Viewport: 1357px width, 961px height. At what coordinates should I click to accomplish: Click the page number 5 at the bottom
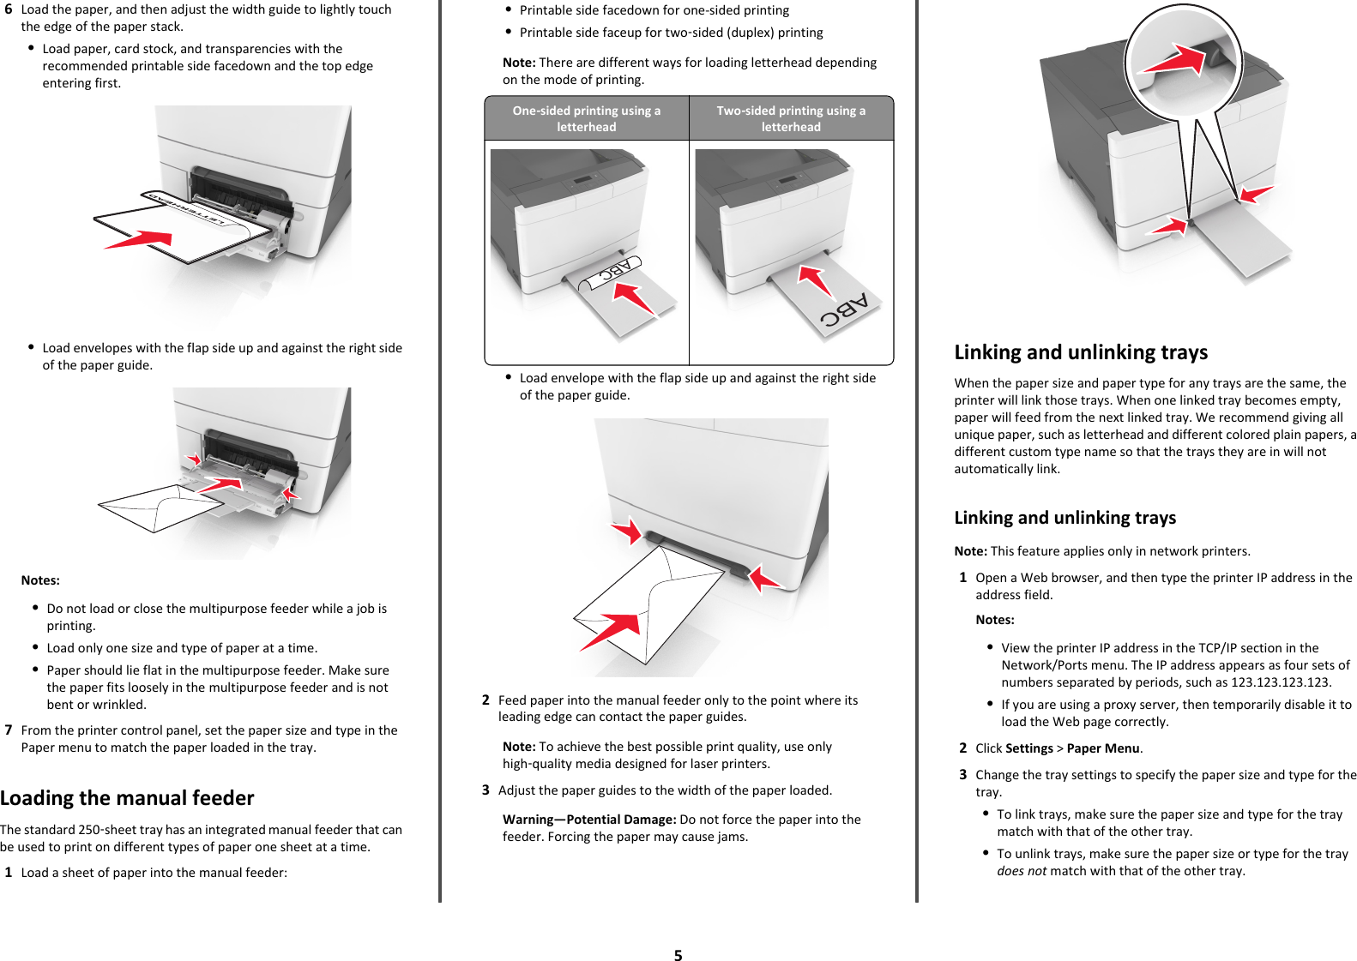[x=678, y=955]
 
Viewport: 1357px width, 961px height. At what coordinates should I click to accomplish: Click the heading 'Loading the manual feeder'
[x=127, y=798]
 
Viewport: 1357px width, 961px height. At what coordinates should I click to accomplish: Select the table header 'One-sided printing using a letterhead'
[x=587, y=118]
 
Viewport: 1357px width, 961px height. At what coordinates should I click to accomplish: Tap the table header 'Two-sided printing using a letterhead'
[x=791, y=118]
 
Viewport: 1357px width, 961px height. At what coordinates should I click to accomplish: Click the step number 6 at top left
[x=9, y=9]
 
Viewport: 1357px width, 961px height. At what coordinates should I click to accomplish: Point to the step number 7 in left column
[x=9, y=730]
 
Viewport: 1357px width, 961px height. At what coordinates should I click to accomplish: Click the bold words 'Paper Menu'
[x=1103, y=748]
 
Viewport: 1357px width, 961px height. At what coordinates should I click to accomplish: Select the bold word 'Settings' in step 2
[x=1029, y=748]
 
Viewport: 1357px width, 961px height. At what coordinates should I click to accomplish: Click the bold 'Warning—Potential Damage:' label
[x=589, y=820]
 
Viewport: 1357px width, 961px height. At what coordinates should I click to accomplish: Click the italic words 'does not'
[x=1022, y=871]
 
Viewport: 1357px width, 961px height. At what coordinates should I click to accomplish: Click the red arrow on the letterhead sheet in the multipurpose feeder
[x=139, y=239]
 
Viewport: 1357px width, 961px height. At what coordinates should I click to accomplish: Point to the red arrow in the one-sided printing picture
[x=634, y=297]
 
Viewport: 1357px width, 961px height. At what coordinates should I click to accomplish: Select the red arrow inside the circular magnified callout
[x=1175, y=60]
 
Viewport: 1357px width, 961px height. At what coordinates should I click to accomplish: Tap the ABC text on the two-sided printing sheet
[x=844, y=310]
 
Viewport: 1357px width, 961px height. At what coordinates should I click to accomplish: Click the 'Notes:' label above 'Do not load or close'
[x=40, y=580]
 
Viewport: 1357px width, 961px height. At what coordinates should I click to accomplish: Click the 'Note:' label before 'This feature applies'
[x=970, y=551]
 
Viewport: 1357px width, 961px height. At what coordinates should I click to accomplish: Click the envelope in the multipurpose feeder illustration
[x=159, y=508]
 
